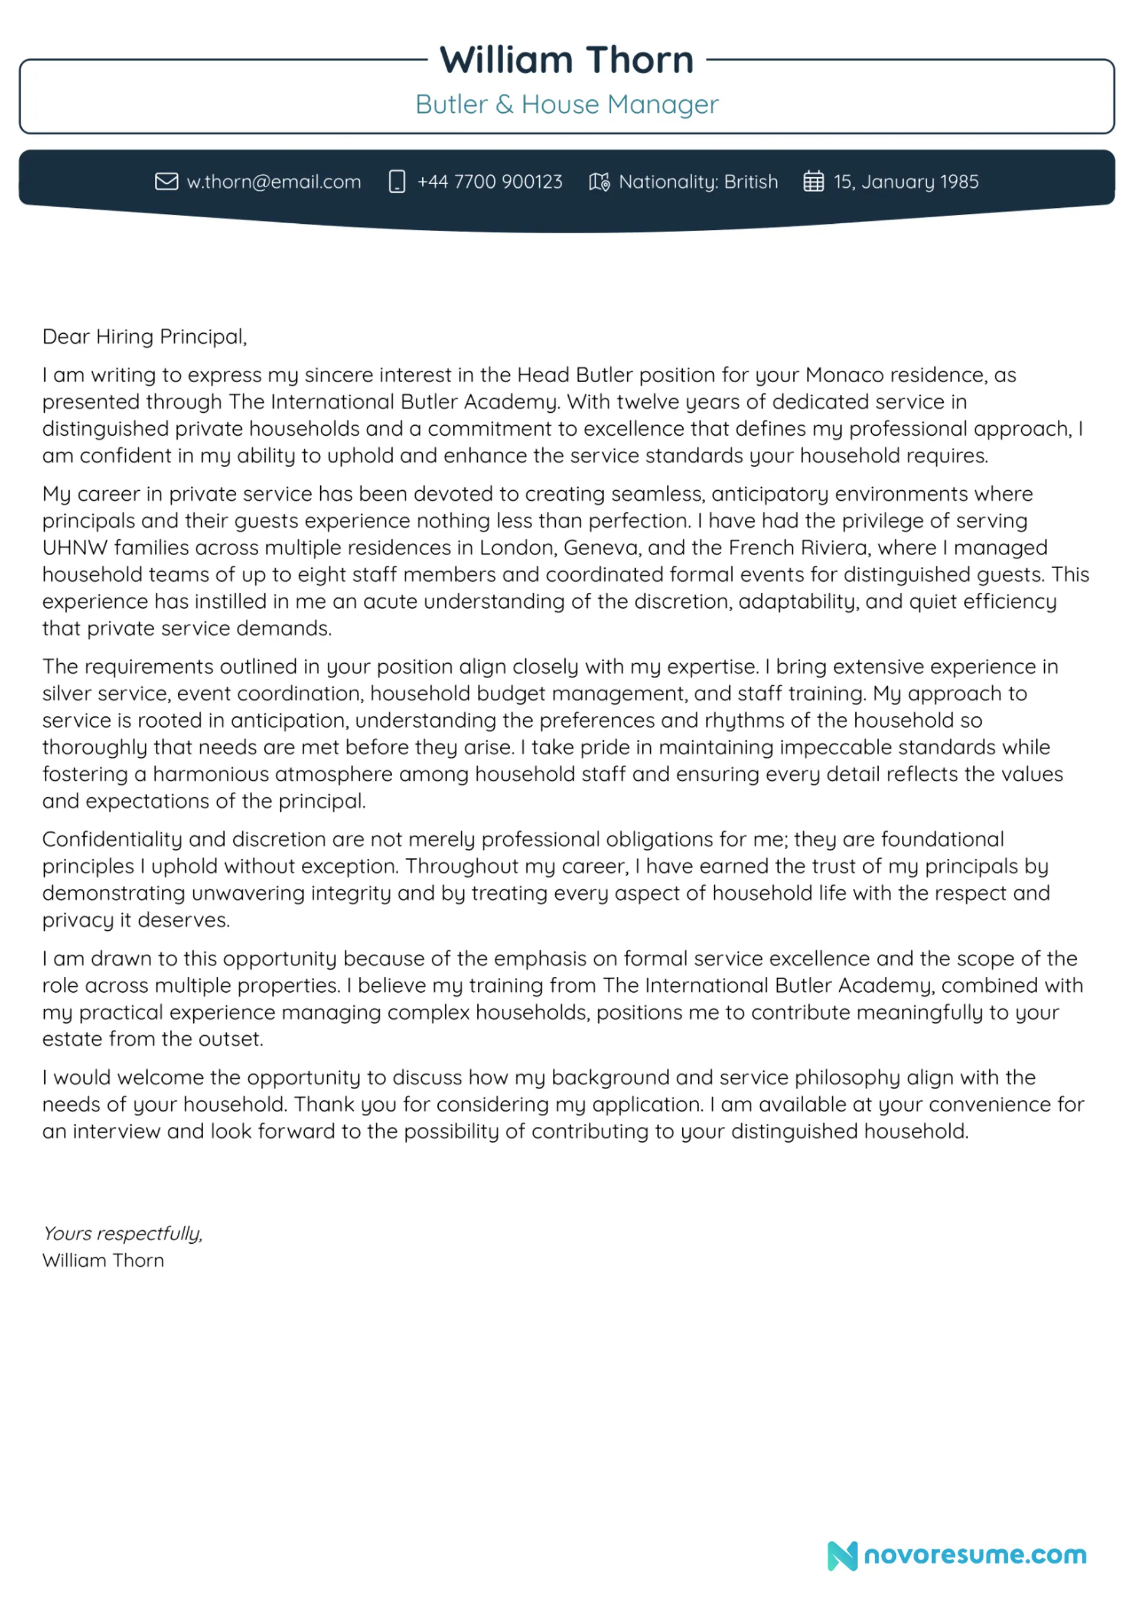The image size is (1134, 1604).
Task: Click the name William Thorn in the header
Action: [x=566, y=60]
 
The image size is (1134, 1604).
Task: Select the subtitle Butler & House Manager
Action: [x=566, y=104]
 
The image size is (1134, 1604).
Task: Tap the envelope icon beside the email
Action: [x=167, y=182]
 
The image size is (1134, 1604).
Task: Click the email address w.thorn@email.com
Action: [x=274, y=182]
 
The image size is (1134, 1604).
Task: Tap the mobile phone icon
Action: [x=397, y=182]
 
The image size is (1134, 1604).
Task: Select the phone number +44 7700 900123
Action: [x=489, y=182]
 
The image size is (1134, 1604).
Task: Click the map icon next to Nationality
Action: [x=599, y=182]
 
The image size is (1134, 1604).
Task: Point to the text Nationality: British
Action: [x=698, y=182]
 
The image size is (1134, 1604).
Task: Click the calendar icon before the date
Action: [x=813, y=182]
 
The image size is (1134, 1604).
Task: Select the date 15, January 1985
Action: [x=905, y=182]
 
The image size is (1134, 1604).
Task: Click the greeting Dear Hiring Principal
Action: [x=144, y=337]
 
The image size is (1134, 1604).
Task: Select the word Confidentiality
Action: [x=112, y=839]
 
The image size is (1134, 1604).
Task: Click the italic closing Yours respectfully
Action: [x=122, y=1234]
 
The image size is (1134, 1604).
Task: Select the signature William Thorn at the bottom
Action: [x=103, y=1261]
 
